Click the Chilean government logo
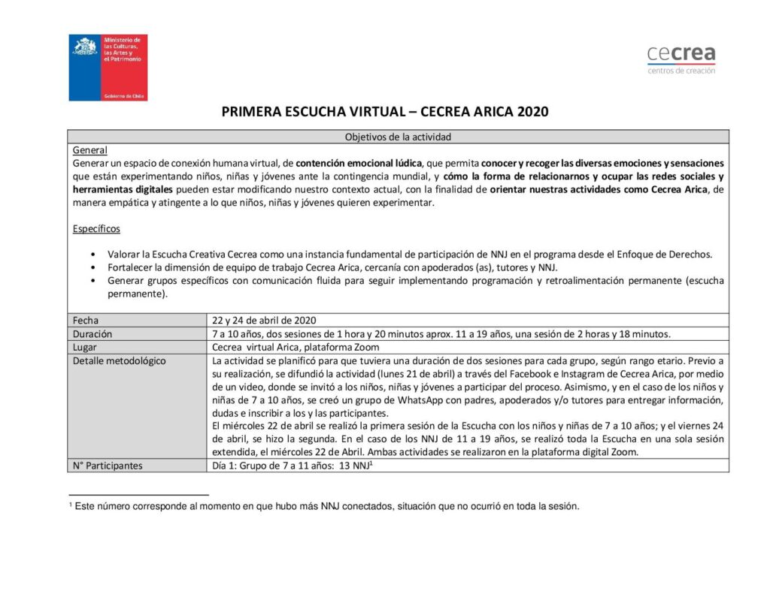pos(108,68)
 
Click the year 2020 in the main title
pos(533,112)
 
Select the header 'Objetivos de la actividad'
pos(398,137)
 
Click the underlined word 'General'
pos(90,150)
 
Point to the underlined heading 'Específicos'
pos(96,228)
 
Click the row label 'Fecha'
pos(86,321)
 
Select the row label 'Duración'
pos(92,334)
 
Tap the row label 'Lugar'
pos(85,347)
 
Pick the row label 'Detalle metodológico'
pos(119,360)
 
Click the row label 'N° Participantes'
pos(108,466)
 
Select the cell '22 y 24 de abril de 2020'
pos(268,321)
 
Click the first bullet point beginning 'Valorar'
pos(92,255)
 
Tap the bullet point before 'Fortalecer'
pos(92,268)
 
